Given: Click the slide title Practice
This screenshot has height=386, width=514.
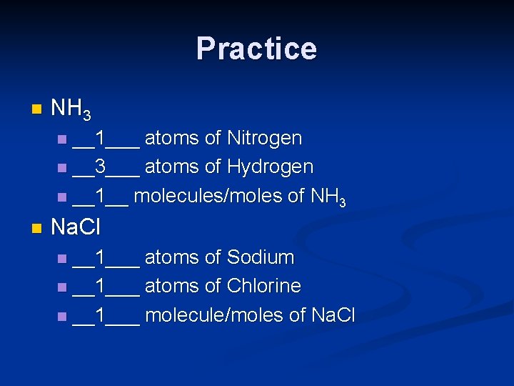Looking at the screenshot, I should click(x=256, y=49).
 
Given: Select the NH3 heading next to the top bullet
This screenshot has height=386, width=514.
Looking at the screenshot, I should click(x=71, y=109).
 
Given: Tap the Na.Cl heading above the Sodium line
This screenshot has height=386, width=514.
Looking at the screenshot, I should click(x=76, y=228).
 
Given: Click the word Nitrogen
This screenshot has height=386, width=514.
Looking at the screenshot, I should click(x=264, y=138).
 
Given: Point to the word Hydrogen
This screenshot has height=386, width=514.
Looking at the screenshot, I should click(x=270, y=167).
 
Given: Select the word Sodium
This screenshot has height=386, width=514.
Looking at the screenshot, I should click(x=261, y=257).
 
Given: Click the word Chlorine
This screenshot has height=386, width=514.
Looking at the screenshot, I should click(x=263, y=286).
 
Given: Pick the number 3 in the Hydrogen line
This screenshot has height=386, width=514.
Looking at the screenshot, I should click(x=101, y=167).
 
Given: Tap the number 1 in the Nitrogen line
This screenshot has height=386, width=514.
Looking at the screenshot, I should click(x=101, y=138).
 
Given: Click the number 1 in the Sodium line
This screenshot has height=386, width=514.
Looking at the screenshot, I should click(x=101, y=257).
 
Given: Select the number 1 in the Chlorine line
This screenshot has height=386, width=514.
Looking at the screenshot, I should click(x=101, y=286).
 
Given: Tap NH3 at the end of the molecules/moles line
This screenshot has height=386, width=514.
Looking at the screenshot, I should click(x=328, y=197).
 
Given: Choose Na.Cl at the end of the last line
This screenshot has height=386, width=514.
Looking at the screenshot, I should click(x=333, y=315).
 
